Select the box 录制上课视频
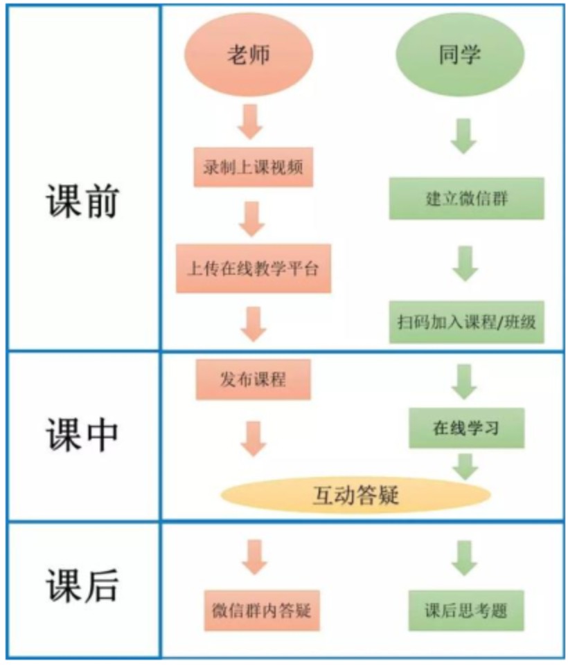253,168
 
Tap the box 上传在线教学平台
253,268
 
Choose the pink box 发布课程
252,379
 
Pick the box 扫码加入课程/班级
465,322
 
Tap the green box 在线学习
465,429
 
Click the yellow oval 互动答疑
355,494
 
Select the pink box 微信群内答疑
260,611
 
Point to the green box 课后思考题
465,611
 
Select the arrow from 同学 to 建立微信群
464,135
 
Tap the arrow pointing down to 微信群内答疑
253,555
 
